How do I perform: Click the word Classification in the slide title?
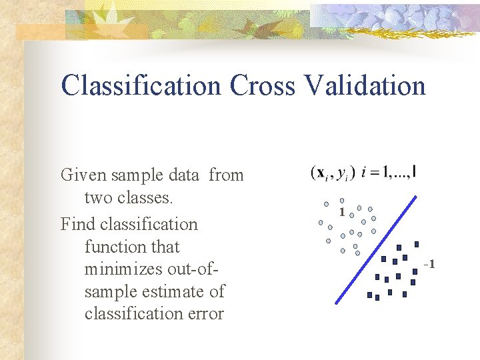[x=140, y=86]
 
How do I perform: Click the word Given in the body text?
[x=83, y=175]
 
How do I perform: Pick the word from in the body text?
[x=226, y=175]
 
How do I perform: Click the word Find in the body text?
[x=76, y=225]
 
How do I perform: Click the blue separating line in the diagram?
[x=379, y=247]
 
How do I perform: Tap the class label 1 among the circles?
[x=341, y=213]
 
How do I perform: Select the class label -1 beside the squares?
[x=429, y=265]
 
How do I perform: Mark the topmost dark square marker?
[x=417, y=244]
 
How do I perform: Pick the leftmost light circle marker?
[x=321, y=223]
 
